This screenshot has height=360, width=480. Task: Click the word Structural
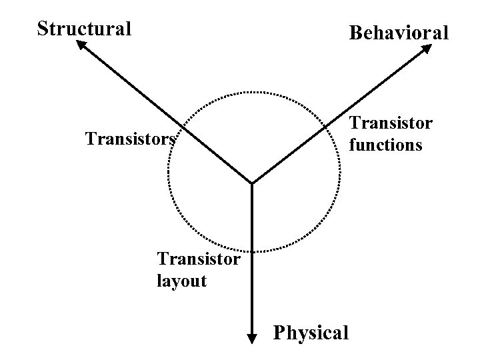tap(84, 29)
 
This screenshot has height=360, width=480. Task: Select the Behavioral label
tap(399, 32)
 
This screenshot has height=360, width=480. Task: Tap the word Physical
tap(311, 331)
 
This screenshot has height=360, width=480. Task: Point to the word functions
tap(386, 144)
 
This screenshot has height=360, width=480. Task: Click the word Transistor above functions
tap(391, 124)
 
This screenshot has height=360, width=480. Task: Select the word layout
tap(181, 281)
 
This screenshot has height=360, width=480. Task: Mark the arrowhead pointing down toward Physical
tap(253, 338)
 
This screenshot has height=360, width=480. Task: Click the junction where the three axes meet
tap(252, 183)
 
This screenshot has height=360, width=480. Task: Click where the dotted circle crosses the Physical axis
tap(253, 251)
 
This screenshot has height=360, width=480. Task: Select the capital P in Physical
tap(279, 331)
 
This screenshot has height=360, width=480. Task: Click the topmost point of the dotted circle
tap(253, 92)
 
